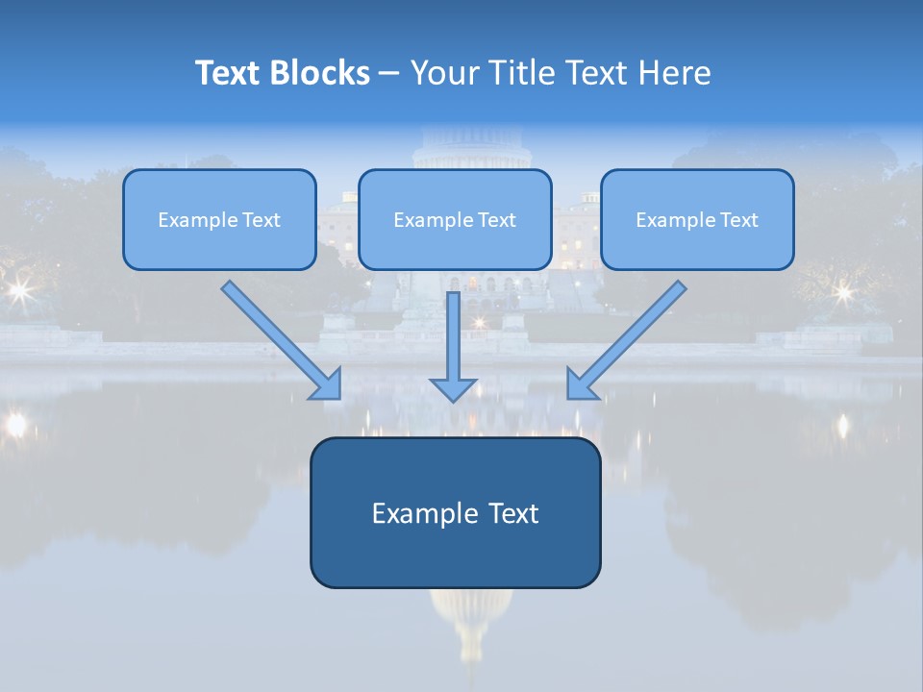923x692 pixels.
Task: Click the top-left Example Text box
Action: (219, 219)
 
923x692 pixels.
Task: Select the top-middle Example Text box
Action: (455, 219)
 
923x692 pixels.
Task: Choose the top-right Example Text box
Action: (697, 219)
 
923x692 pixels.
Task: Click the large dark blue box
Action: (455, 513)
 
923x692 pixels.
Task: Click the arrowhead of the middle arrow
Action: (453, 388)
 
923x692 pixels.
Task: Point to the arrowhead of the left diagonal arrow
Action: (327, 384)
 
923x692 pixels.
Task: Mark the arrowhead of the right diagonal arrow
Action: (581, 384)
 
